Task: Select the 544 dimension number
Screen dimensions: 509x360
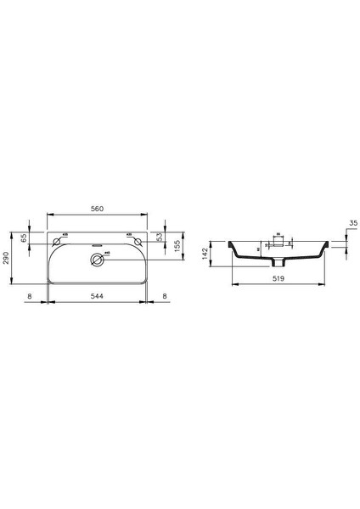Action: point(100,295)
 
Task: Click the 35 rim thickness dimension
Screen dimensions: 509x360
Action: point(352,224)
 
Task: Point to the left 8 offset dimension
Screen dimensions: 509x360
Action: point(30,295)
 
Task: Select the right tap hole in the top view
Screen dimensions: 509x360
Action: point(136,241)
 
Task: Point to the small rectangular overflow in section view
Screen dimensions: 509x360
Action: point(277,239)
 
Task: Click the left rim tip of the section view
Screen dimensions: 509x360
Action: point(228,243)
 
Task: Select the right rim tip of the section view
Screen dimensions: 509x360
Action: point(326,243)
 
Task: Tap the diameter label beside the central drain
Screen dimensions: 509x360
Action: point(109,252)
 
